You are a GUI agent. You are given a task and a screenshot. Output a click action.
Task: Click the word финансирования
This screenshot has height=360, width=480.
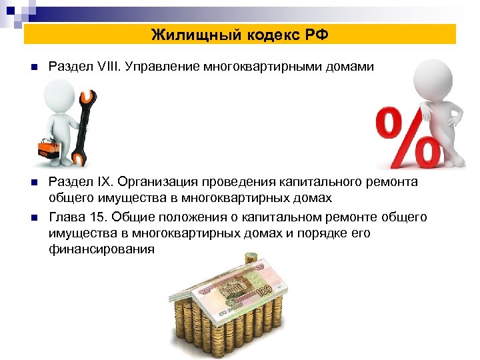101,249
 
